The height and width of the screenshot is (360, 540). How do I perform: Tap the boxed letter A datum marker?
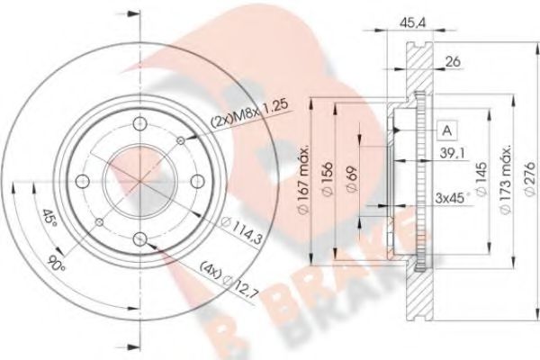445,130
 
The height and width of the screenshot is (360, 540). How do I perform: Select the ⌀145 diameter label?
483,183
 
